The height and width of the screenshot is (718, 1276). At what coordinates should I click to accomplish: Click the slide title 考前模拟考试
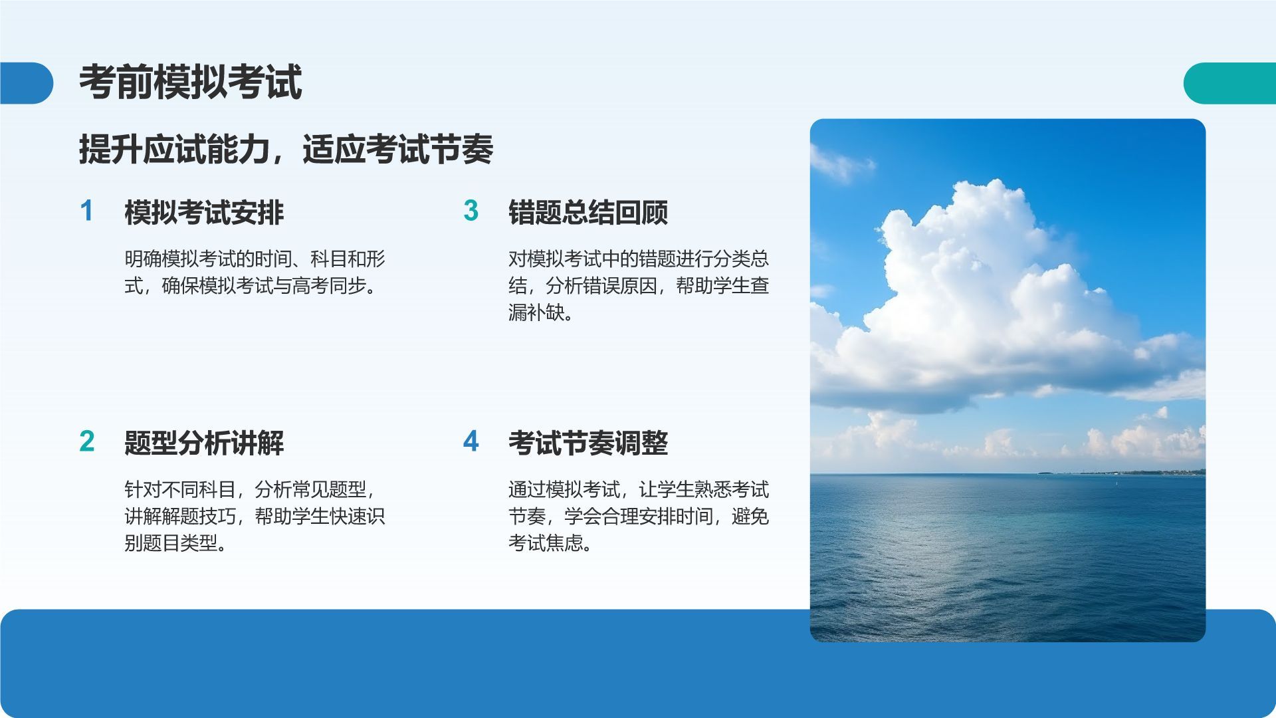coord(191,82)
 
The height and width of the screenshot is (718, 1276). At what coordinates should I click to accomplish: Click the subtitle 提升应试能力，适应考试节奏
coord(286,149)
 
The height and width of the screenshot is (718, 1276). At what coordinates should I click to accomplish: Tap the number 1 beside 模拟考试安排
coord(86,211)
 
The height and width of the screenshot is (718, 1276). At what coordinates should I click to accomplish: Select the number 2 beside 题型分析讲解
coord(87,441)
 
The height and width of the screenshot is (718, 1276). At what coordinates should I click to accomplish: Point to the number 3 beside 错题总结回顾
coord(471,211)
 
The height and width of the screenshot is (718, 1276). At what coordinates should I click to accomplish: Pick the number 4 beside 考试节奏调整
coord(471,441)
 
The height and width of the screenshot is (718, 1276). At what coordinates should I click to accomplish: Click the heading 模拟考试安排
coord(204,212)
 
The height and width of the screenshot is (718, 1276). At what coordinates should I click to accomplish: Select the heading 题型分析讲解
coord(204,443)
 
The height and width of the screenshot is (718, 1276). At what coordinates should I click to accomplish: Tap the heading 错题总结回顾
coord(588,212)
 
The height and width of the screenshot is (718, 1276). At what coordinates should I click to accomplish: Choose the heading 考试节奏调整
coord(588,443)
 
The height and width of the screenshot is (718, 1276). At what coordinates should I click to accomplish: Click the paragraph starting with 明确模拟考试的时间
coord(255,272)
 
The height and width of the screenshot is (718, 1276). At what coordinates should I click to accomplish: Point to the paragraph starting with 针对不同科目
coord(255,516)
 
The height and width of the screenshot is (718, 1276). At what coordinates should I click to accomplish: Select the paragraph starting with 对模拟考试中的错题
coord(639,285)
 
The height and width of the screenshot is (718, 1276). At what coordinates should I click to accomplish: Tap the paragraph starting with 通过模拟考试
coord(639,516)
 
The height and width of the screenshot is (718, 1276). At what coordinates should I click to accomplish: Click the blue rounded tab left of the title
coord(27,83)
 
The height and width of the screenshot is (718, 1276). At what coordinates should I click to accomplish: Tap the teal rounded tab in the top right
coord(1229,83)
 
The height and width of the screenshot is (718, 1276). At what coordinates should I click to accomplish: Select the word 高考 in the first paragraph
coord(310,286)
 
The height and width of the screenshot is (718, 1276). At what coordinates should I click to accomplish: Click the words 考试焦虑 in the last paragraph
coord(546,543)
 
